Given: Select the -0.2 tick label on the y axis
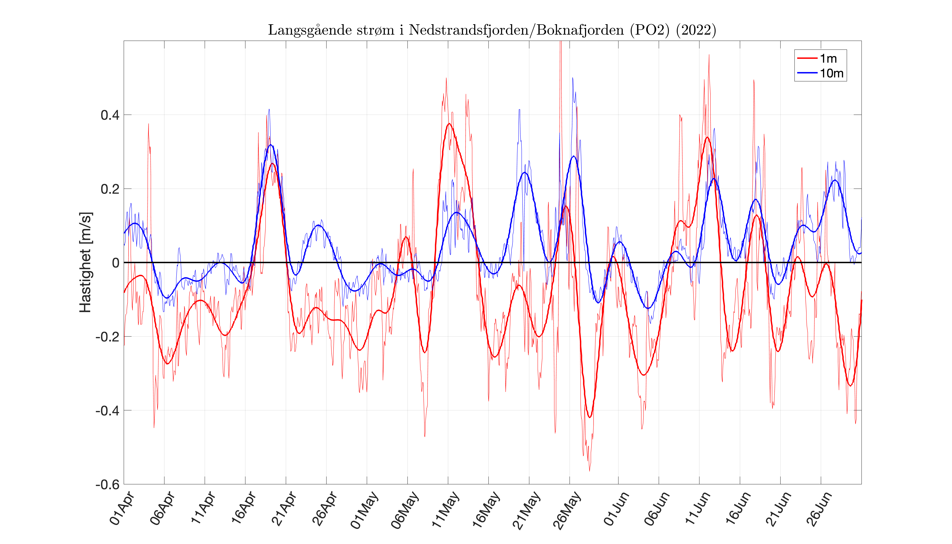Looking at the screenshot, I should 108,337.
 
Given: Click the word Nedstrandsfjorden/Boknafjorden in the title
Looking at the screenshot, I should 516,30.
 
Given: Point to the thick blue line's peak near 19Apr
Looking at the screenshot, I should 271,145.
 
